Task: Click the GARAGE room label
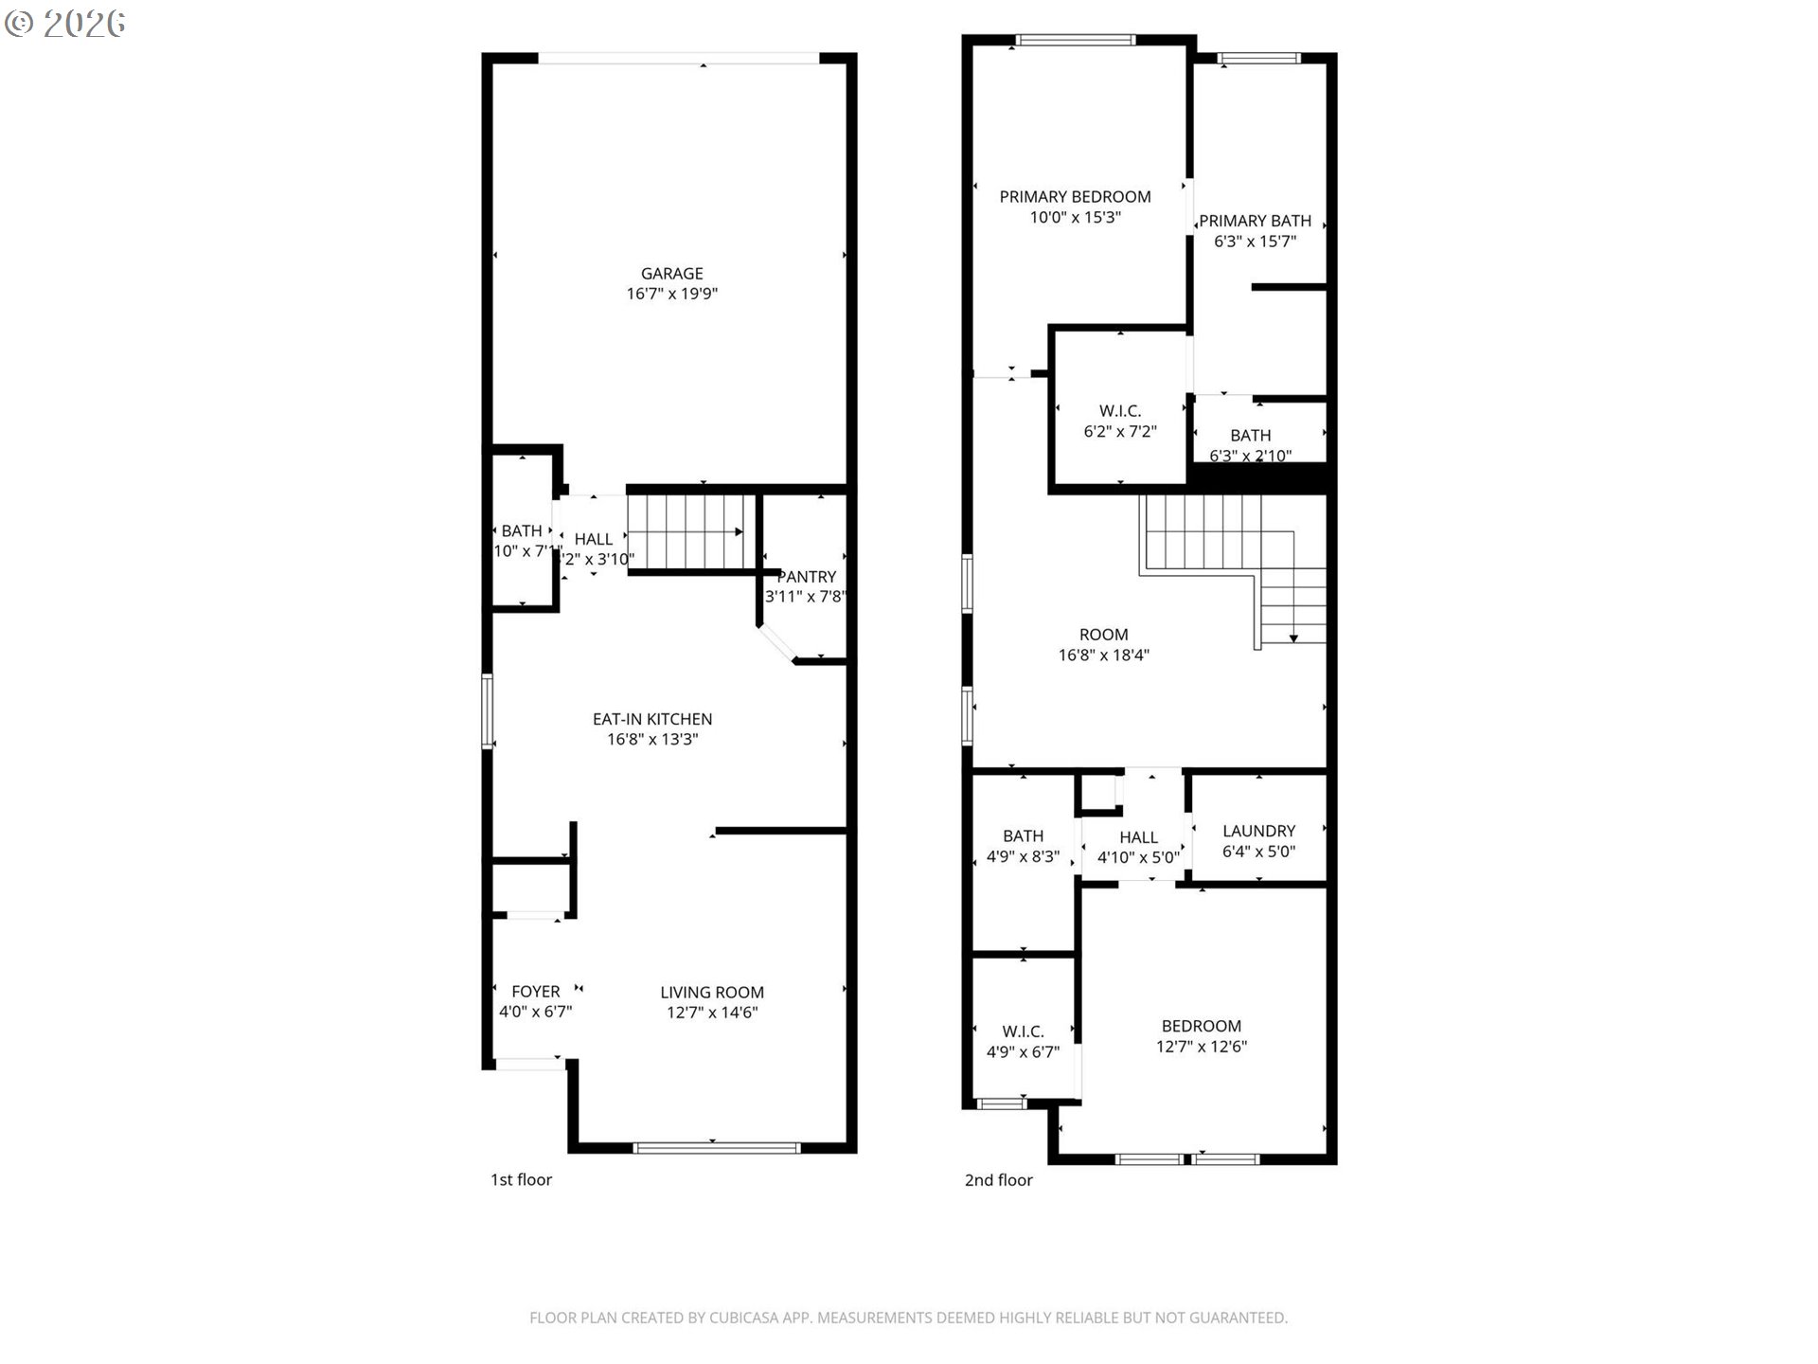click(x=671, y=273)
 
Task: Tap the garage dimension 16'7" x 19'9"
click(x=671, y=294)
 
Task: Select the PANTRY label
click(x=807, y=576)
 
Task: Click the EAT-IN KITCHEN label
click(x=652, y=719)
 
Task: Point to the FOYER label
click(x=535, y=991)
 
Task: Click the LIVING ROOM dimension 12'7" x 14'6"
click(x=712, y=1013)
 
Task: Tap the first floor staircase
click(x=691, y=533)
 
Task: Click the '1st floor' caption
click(x=521, y=1179)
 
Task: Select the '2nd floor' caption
click(x=998, y=1179)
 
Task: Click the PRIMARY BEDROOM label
click(x=1075, y=196)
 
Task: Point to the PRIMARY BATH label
click(x=1255, y=221)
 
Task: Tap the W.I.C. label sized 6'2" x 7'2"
click(x=1120, y=410)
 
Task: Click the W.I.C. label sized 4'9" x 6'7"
click(x=1023, y=1031)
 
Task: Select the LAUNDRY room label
click(x=1258, y=830)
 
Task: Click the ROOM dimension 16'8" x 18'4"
click(x=1103, y=655)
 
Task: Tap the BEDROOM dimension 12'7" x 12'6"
click(x=1201, y=1047)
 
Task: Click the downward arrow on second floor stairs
click(x=1293, y=637)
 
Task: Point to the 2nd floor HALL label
click(x=1138, y=836)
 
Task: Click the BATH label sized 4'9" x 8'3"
click(x=1023, y=835)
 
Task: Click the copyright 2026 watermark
click(x=65, y=23)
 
